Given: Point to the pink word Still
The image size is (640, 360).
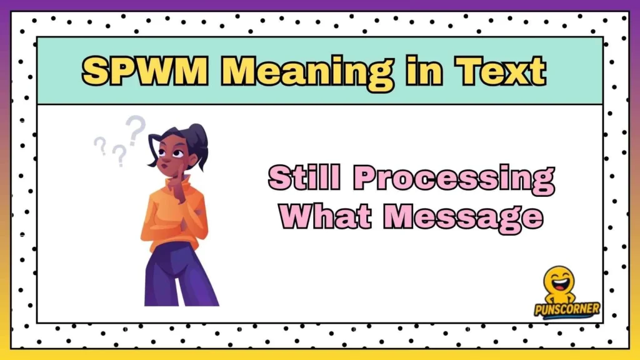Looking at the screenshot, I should pyautogui.click(x=306, y=178).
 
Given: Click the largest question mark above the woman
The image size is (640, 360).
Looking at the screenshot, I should pyautogui.click(x=135, y=128).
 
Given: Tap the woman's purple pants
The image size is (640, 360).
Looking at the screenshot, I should pyautogui.click(x=177, y=275).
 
